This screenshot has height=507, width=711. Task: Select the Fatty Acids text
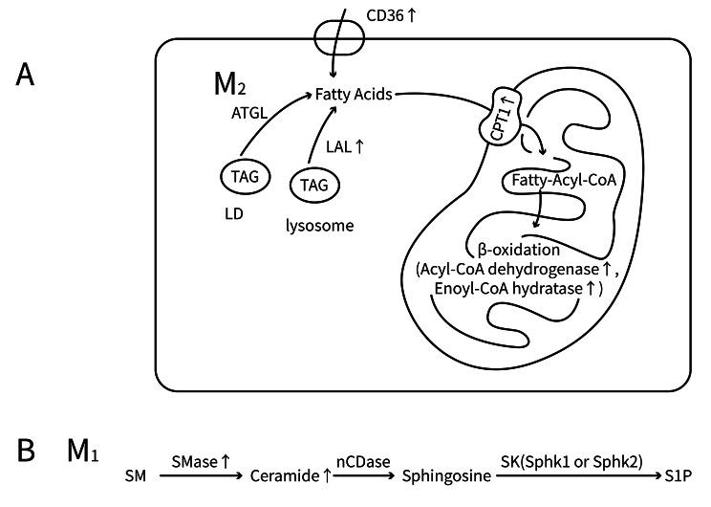tap(355, 94)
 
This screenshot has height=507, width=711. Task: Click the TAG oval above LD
tap(245, 176)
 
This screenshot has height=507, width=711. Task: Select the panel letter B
tap(25, 449)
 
